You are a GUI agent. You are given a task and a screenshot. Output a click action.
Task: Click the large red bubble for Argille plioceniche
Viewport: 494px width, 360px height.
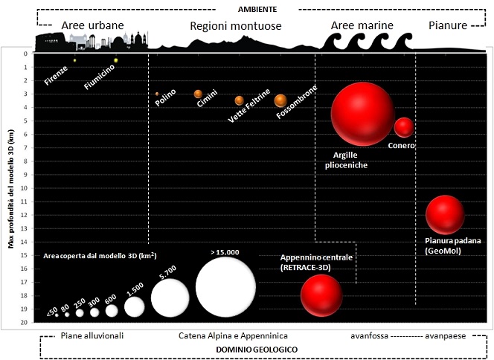coord(362,114)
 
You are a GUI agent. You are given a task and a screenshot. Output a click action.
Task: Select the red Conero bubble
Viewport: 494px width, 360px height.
coord(403,127)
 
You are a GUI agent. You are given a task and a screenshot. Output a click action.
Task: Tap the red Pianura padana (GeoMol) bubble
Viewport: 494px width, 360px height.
coord(445,215)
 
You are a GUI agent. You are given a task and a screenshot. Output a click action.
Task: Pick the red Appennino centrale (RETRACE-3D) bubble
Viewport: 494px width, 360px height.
coord(321,295)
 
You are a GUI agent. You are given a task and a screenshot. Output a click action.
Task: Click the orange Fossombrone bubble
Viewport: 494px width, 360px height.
coord(280,100)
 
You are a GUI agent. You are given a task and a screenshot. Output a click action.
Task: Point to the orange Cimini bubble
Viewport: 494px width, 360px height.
coord(198,94)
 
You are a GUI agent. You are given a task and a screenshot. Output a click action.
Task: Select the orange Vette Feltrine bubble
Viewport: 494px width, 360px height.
coord(239,100)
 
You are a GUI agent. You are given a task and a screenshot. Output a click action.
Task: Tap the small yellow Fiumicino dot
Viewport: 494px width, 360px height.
coord(116,60)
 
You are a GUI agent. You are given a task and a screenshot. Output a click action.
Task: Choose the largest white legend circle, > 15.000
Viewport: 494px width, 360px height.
coord(225,288)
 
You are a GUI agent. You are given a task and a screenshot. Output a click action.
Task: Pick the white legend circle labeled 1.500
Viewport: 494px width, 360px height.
coord(135,306)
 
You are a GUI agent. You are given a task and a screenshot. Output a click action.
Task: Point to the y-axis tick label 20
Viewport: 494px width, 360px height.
coord(25,322)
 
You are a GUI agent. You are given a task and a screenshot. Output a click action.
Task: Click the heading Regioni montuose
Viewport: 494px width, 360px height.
coord(235,26)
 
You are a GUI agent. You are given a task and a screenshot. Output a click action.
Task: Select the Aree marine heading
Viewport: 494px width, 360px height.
coord(361,25)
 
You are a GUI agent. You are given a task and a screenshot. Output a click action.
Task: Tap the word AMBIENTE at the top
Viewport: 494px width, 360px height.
coord(257,9)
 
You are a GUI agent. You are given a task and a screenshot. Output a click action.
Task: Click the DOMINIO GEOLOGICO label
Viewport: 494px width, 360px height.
coord(257,349)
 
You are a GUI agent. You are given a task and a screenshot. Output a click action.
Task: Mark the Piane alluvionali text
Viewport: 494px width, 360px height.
coord(92,335)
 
